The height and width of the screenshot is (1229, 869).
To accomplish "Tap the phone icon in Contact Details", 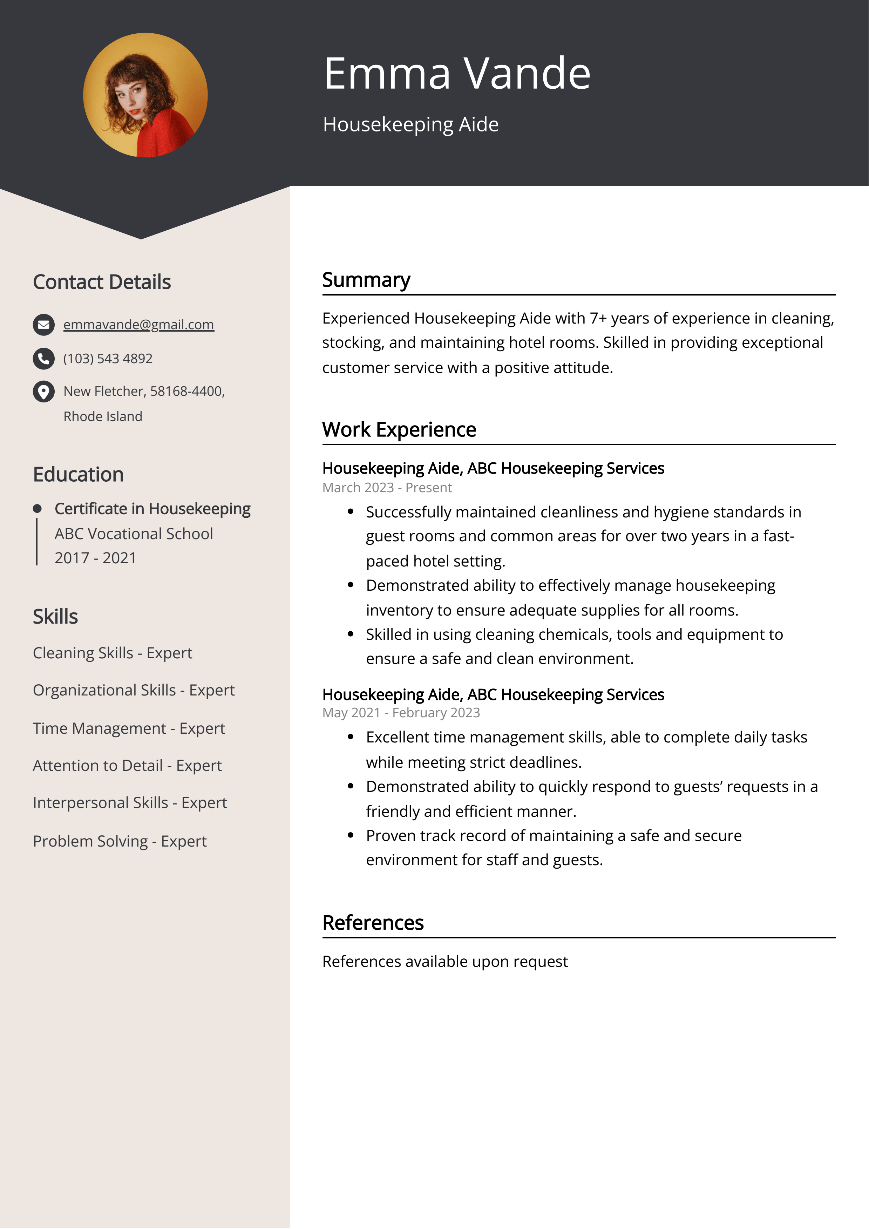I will [x=43, y=359].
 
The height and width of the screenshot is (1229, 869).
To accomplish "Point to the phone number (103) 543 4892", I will [x=108, y=359].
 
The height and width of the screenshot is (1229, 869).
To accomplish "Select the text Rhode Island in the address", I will [x=103, y=416].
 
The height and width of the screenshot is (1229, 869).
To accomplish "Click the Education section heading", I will [x=78, y=475].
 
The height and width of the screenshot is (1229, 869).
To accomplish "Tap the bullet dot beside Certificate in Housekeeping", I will [x=37, y=509].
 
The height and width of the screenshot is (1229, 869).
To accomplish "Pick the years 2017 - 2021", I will [x=95, y=558].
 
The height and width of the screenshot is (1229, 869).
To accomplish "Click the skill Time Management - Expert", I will [x=129, y=728].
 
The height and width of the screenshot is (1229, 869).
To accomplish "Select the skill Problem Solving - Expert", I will [x=120, y=841].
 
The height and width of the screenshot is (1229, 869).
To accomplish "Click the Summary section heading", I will [x=366, y=280].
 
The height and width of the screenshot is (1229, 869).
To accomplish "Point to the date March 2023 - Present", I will [x=387, y=488].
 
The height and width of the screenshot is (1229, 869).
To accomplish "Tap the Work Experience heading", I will [x=399, y=430].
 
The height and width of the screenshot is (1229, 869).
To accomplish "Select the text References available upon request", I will [x=444, y=961].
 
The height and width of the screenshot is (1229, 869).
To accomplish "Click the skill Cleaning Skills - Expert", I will [x=112, y=653].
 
